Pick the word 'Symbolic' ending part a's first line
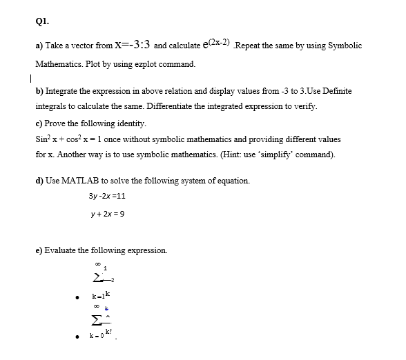(x=343, y=45)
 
